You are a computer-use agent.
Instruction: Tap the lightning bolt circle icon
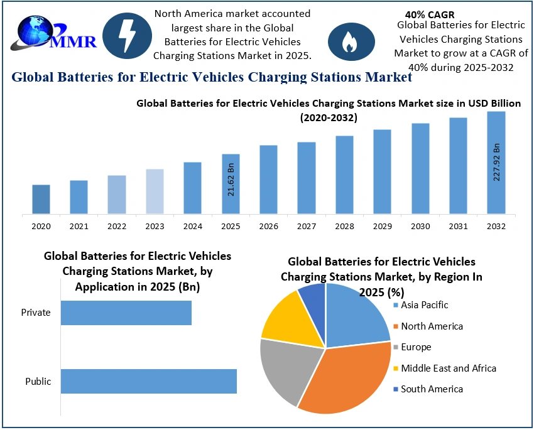coord(126,36)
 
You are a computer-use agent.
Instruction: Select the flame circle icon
coord(351,41)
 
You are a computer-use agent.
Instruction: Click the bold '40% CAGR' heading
coord(430,14)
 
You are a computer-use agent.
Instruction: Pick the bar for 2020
coord(41,199)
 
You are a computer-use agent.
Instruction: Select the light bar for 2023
coord(155,191)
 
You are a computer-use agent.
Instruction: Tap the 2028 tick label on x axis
coord(344,226)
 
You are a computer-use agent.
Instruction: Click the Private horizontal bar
coord(126,313)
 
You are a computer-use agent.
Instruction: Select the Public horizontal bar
coord(149,381)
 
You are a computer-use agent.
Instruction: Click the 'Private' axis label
coord(35,312)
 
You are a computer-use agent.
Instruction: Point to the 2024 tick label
coord(192,226)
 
